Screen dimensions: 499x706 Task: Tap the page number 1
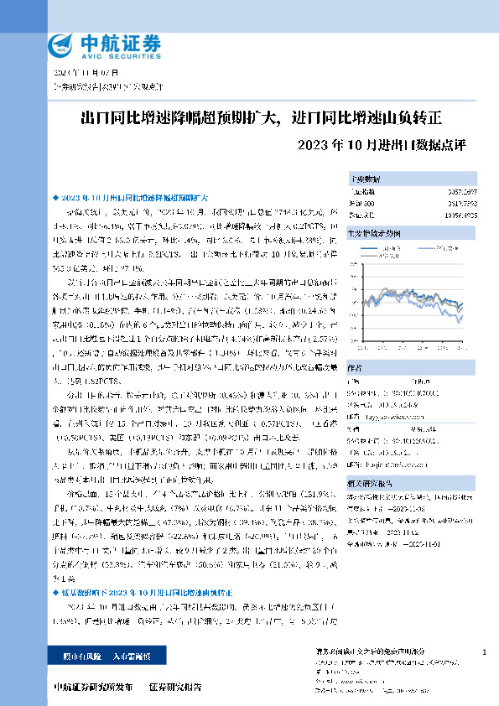click(x=485, y=652)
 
